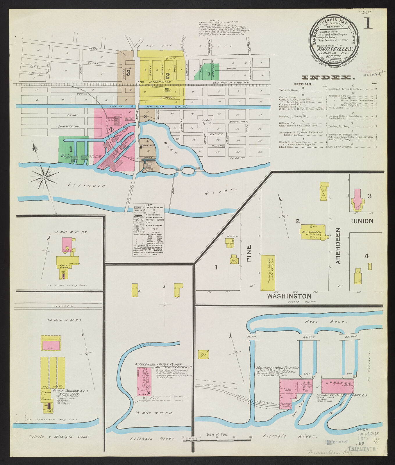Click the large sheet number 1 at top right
[368, 24]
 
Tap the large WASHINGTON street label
[289, 296]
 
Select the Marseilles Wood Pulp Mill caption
[277, 368]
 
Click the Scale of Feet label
[217, 434]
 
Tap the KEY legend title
[149, 205]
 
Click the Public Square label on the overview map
[207, 121]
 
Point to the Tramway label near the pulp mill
[267, 403]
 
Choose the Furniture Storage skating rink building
[268, 273]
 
